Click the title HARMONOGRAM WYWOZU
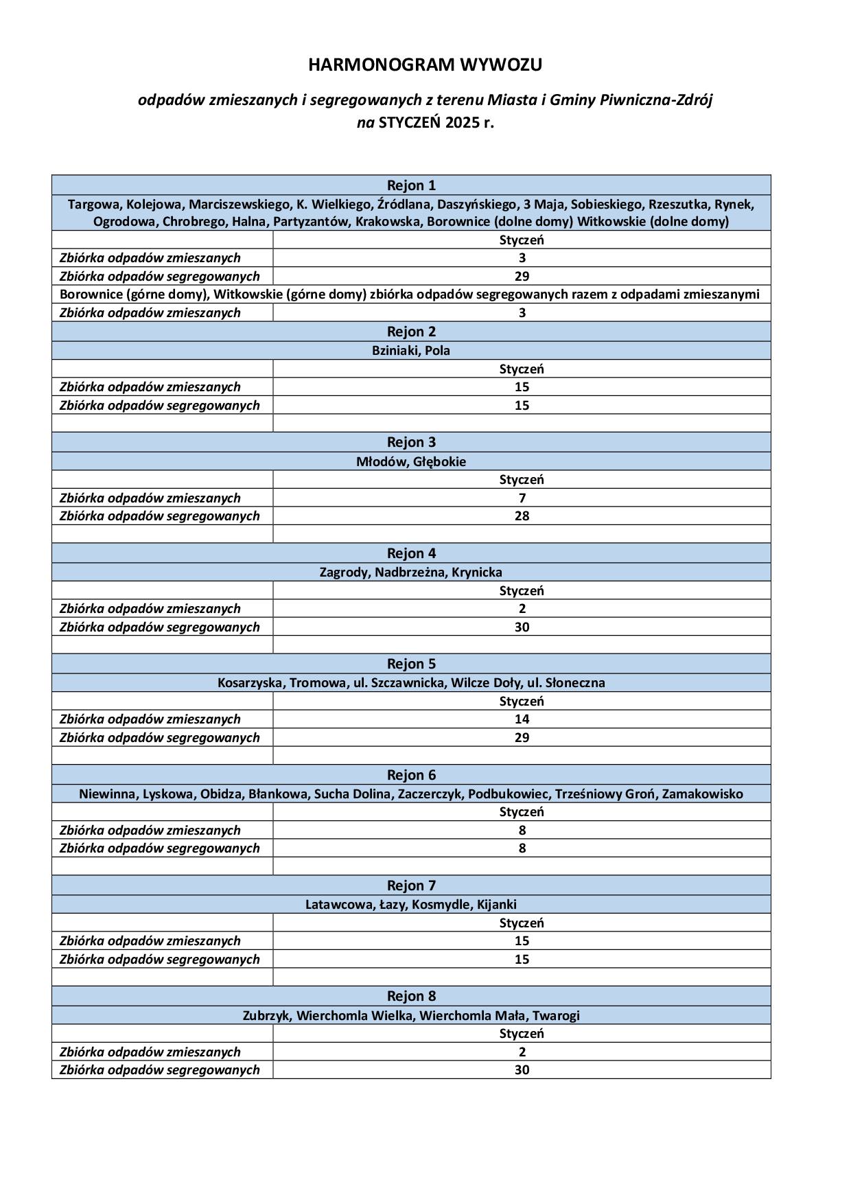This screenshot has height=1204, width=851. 425,65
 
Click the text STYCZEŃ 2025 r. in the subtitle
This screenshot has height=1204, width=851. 436,124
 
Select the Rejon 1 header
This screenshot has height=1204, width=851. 411,185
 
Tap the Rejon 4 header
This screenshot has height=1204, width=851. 411,553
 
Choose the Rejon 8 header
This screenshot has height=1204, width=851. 411,996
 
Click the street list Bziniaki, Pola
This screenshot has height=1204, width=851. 411,351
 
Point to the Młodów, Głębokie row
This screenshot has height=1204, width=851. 411,461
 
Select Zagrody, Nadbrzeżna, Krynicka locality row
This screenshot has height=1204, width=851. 411,572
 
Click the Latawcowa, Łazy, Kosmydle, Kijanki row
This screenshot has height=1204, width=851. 411,904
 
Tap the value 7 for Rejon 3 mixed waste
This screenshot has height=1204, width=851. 522,498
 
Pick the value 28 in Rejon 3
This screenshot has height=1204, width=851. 522,516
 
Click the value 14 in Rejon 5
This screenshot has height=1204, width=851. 522,719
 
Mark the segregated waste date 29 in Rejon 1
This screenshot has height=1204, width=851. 522,276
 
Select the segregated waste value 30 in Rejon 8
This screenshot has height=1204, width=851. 522,1069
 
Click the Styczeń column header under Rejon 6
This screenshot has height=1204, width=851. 522,811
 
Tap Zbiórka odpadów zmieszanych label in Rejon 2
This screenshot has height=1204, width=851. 150,386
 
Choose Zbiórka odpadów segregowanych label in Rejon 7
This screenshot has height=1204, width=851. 160,959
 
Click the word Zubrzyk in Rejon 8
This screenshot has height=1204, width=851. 266,1015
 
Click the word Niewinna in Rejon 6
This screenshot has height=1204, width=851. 108,794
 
